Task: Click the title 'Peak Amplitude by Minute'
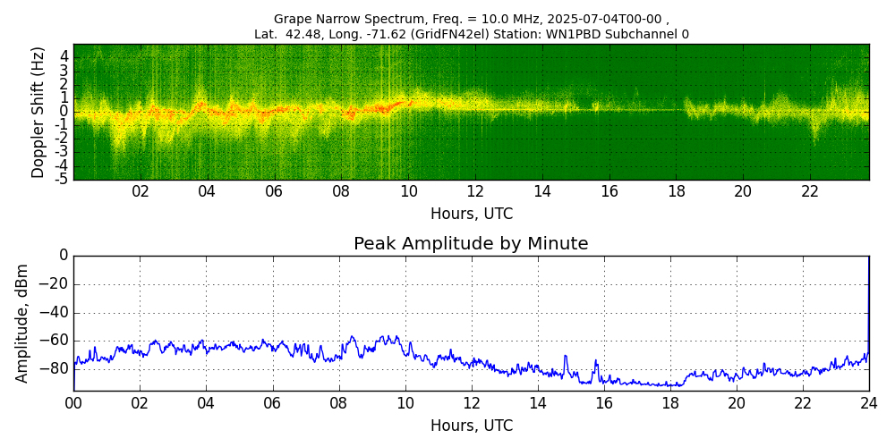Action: point(471,244)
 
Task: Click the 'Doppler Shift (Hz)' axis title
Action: point(38,113)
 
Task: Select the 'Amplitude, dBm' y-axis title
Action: point(23,323)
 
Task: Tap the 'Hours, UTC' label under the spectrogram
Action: point(471,215)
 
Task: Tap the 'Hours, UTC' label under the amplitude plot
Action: point(471,426)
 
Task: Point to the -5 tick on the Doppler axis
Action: point(62,180)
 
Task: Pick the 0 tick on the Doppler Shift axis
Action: point(64,112)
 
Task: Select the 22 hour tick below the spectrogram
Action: point(810,192)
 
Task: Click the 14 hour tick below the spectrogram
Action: point(542,192)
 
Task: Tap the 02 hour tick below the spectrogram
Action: point(141,192)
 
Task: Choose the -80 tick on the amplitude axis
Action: point(56,368)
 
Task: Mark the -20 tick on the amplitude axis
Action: point(56,284)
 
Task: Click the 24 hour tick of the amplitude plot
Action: point(868,403)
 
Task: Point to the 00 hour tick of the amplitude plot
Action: point(73,403)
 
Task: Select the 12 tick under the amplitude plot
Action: point(471,403)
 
